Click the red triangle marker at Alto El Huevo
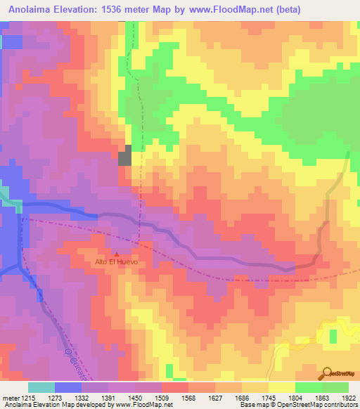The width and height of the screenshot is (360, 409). tap(117, 254)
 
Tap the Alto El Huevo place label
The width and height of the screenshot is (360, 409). tap(115, 263)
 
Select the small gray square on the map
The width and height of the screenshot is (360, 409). tap(124, 155)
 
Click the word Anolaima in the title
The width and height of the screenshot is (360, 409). tap(29, 10)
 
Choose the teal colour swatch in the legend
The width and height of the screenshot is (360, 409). tap(41, 387)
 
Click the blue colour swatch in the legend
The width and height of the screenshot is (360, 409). tap(68, 387)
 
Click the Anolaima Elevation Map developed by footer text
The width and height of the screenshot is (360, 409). tap(56, 405)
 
